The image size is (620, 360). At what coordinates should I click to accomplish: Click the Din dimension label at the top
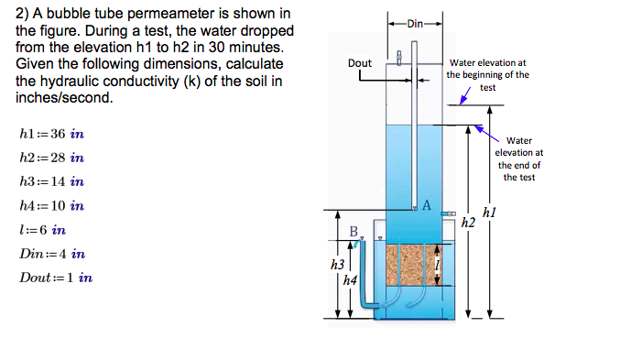415,23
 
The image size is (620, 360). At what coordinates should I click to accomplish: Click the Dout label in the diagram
360,63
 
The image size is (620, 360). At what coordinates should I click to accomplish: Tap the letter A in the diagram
426,204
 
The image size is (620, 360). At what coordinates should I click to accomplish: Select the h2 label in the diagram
468,223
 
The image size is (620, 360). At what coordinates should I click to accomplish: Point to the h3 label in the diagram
335,265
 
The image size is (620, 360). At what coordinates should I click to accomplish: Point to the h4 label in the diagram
349,280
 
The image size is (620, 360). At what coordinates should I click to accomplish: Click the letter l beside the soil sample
438,266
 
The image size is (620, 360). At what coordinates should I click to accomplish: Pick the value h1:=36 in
51,134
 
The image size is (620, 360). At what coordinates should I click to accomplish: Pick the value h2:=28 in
51,158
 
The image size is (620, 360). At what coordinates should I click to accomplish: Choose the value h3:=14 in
51,181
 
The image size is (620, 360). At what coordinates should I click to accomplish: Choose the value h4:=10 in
51,206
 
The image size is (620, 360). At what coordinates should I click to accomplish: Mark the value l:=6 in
42,230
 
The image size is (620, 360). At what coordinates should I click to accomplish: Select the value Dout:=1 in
56,278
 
